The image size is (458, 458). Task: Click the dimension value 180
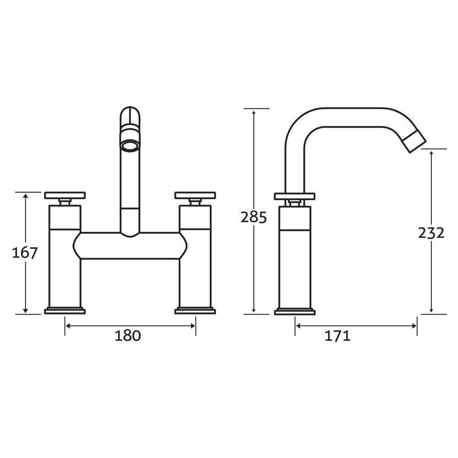(x=127, y=336)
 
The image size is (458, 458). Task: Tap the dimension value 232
(x=431, y=233)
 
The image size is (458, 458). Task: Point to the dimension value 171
(x=338, y=336)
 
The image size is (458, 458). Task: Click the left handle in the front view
(x=65, y=196)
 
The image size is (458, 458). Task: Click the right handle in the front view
(x=195, y=196)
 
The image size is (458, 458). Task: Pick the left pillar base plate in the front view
(x=65, y=311)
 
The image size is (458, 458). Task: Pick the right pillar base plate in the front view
(x=195, y=311)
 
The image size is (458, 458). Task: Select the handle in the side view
(x=294, y=196)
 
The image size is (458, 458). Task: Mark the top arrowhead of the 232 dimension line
(x=431, y=153)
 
